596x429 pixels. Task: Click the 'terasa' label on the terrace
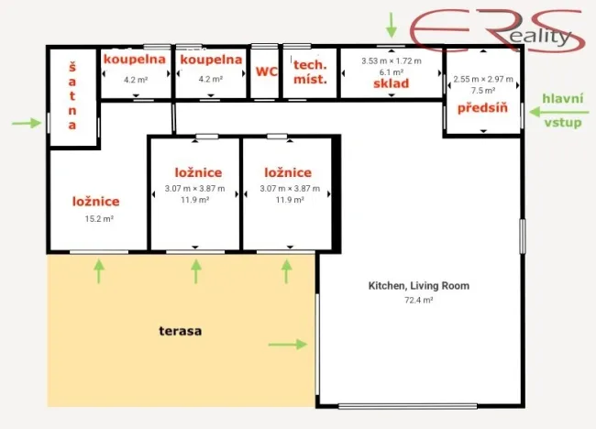click(180, 331)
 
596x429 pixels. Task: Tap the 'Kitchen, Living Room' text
click(418, 286)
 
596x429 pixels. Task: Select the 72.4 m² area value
click(418, 300)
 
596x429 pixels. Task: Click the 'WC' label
click(266, 71)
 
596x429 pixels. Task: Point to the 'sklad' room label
click(391, 84)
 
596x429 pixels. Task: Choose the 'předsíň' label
click(483, 108)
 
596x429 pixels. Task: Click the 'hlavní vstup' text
click(561, 110)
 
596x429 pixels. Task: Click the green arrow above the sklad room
click(392, 24)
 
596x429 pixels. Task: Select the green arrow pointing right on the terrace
click(288, 345)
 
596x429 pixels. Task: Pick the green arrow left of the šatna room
click(28, 122)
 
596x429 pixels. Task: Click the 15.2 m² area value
click(98, 219)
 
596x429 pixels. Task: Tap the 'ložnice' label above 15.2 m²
click(96, 202)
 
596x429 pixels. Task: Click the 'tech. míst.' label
click(311, 71)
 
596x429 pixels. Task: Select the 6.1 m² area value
click(391, 71)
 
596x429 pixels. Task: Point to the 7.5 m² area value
click(483, 91)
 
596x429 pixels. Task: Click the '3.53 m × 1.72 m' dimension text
click(391, 60)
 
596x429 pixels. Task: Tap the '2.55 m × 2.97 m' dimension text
click(483, 79)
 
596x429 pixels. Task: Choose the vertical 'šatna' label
click(72, 94)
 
